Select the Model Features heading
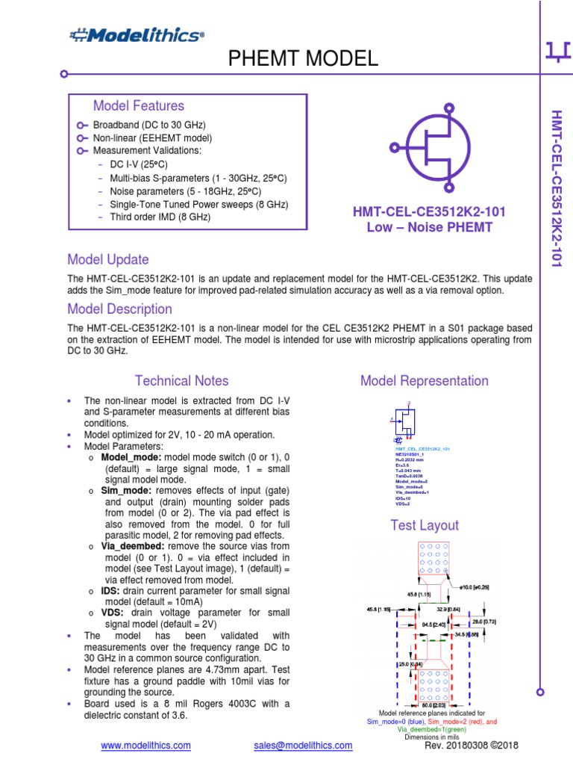tap(138, 106)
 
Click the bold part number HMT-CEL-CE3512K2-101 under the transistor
tap(429, 212)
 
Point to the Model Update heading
tap(108, 260)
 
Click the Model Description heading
tap(119, 309)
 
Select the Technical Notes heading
tap(181, 381)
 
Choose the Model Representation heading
tap(425, 381)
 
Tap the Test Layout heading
tap(425, 525)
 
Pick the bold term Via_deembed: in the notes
tap(131, 546)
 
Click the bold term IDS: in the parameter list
tap(111, 590)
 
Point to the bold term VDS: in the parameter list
tap(113, 613)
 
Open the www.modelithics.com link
tap(145, 746)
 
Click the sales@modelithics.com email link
tap(303, 746)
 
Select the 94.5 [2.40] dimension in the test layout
tap(433, 622)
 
